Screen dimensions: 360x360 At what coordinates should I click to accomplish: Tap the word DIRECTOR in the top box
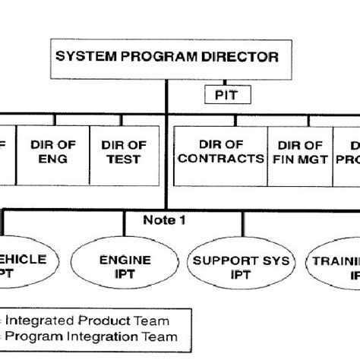click(x=242, y=57)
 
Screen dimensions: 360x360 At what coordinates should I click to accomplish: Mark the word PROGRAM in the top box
click(x=160, y=57)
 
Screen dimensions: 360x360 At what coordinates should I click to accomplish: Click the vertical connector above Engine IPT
click(x=125, y=224)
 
